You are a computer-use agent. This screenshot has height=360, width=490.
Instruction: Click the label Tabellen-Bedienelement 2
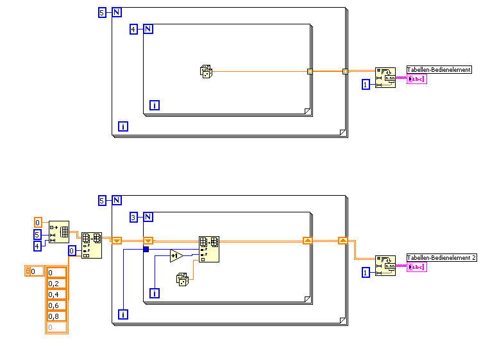point(442,257)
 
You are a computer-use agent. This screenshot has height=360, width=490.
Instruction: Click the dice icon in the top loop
point(206,72)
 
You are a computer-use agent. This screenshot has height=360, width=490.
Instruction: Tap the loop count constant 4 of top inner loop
point(133,30)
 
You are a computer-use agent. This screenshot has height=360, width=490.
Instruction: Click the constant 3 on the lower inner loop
point(133,217)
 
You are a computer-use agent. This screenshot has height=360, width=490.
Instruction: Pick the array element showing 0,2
point(56,284)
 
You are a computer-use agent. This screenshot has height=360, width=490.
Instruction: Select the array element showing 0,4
point(56,295)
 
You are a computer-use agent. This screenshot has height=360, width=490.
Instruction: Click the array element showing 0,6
point(56,305)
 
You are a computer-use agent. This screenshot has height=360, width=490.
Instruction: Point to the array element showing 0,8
point(56,316)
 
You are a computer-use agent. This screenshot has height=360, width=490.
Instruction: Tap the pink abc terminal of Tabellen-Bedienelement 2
point(416,266)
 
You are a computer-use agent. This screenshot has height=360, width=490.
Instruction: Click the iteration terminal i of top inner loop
point(155,105)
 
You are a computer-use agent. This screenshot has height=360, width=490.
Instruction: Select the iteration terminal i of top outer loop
point(122,126)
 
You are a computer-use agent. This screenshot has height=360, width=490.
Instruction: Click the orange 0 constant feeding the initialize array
point(38,223)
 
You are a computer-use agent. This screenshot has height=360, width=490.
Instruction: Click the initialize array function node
point(60,230)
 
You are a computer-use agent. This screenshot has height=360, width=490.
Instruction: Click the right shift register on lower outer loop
point(343,241)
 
